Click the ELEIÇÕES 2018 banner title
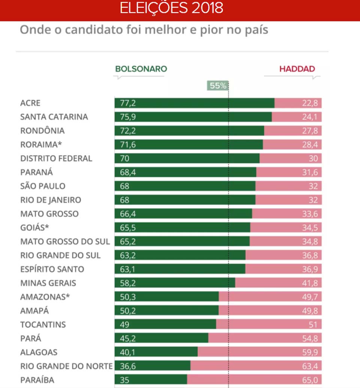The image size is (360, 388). [171, 8]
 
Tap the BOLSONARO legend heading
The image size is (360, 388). [141, 69]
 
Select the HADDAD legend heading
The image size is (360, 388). [297, 69]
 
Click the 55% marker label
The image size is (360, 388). [217, 86]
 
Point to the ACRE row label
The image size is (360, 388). [30, 103]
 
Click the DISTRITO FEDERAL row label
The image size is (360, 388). [56, 158]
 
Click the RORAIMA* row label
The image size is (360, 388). [41, 145]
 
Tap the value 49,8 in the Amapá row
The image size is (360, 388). [310, 311]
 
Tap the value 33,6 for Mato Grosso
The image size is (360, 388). [310, 214]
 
